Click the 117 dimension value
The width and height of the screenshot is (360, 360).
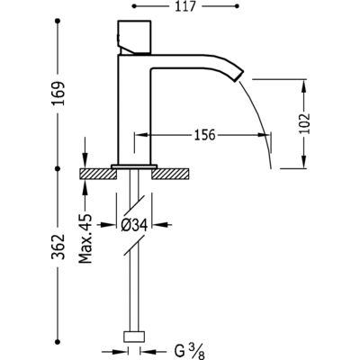[x=185, y=6]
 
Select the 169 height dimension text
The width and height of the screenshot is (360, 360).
[x=58, y=94]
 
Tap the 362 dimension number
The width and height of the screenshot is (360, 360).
[x=58, y=247]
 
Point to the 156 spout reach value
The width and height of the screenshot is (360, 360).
[x=205, y=135]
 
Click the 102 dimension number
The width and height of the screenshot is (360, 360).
[x=304, y=123]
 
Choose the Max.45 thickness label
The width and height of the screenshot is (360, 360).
[x=86, y=238]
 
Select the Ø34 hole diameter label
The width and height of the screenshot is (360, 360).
[x=134, y=225]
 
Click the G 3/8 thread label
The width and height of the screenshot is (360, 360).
[x=189, y=352]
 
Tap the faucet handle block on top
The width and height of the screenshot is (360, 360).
[x=134, y=38]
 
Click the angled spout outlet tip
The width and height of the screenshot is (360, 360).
[x=238, y=75]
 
